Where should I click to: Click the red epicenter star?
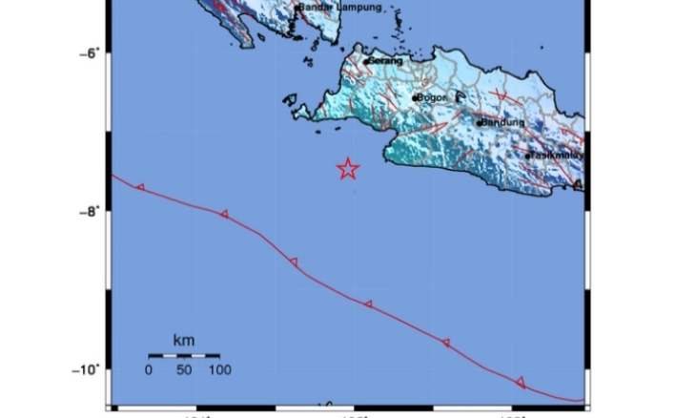click(348, 169)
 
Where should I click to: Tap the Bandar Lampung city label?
click(340, 8)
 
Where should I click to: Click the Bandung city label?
click(503, 122)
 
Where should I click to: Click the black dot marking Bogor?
click(416, 97)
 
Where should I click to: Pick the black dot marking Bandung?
click(480, 123)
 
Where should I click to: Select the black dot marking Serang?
click(366, 62)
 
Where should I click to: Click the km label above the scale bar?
click(183, 340)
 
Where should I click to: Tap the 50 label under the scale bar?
click(184, 369)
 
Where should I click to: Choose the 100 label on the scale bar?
click(219, 369)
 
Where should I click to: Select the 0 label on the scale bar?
click(149, 369)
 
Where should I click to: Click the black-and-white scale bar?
click(184, 355)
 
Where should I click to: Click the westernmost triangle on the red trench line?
click(141, 187)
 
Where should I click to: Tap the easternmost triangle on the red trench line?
click(521, 382)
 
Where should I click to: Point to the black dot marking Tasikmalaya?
click(527, 156)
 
